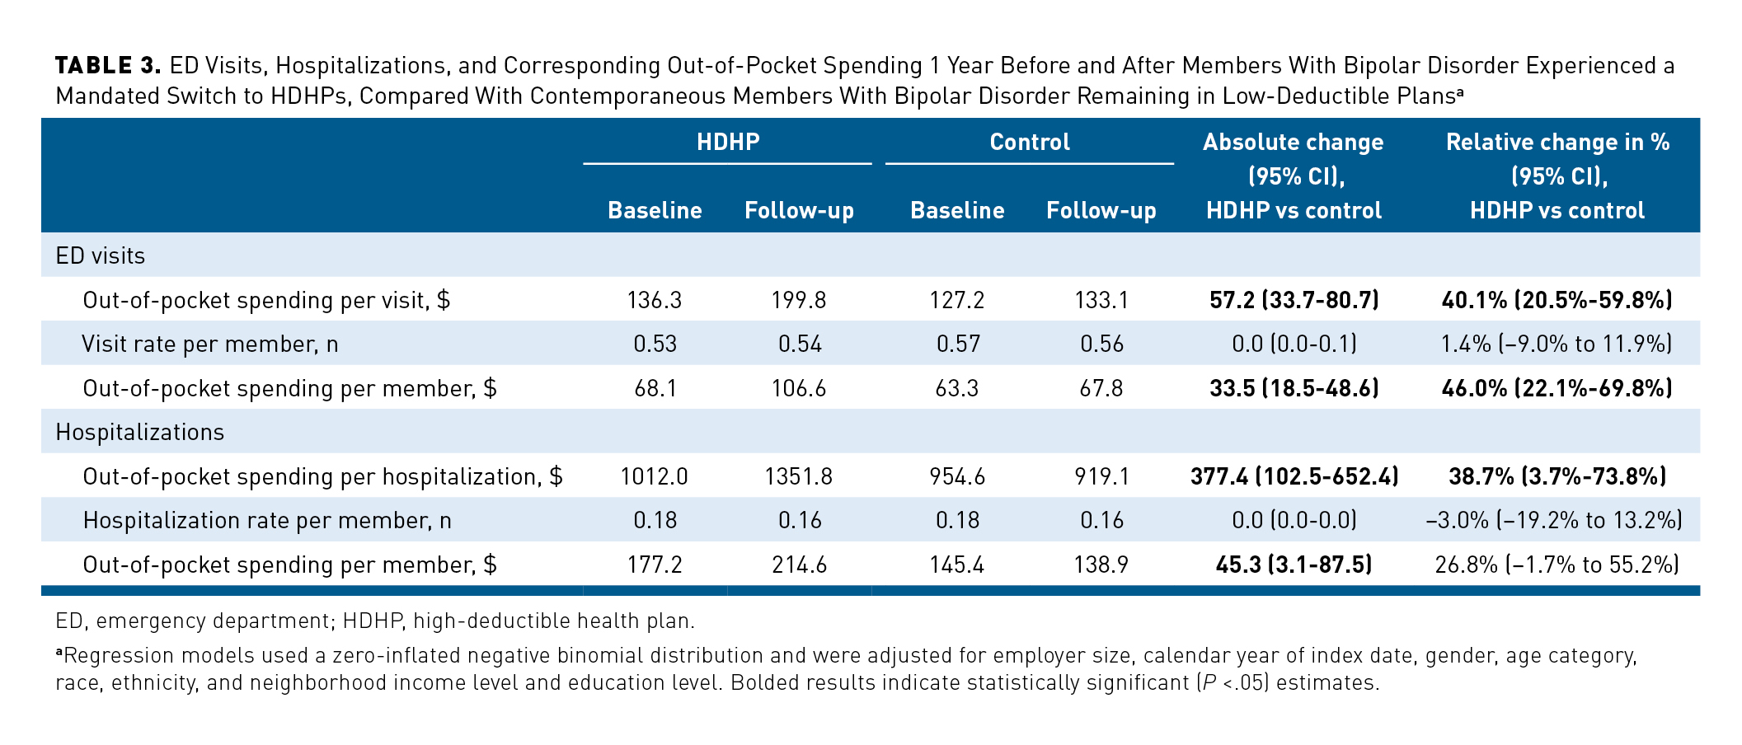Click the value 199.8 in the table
[798, 300]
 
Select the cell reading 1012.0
[654, 476]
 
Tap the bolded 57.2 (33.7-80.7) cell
[1294, 300]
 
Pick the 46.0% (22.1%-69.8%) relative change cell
[1557, 388]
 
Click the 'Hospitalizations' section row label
[139, 433]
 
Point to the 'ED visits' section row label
[101, 256]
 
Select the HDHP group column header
[727, 142]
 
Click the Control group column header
[1030, 142]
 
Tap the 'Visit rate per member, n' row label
[209, 344]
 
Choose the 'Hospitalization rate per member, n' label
[267, 521]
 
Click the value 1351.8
[798, 476]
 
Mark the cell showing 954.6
[956, 476]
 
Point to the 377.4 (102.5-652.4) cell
[1294, 476]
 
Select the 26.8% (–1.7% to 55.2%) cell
[1557, 565]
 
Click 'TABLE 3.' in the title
[108, 66]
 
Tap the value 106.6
[798, 388]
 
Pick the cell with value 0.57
[956, 344]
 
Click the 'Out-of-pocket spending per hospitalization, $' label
[322, 476]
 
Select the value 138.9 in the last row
[1101, 565]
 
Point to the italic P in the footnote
[1209, 683]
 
